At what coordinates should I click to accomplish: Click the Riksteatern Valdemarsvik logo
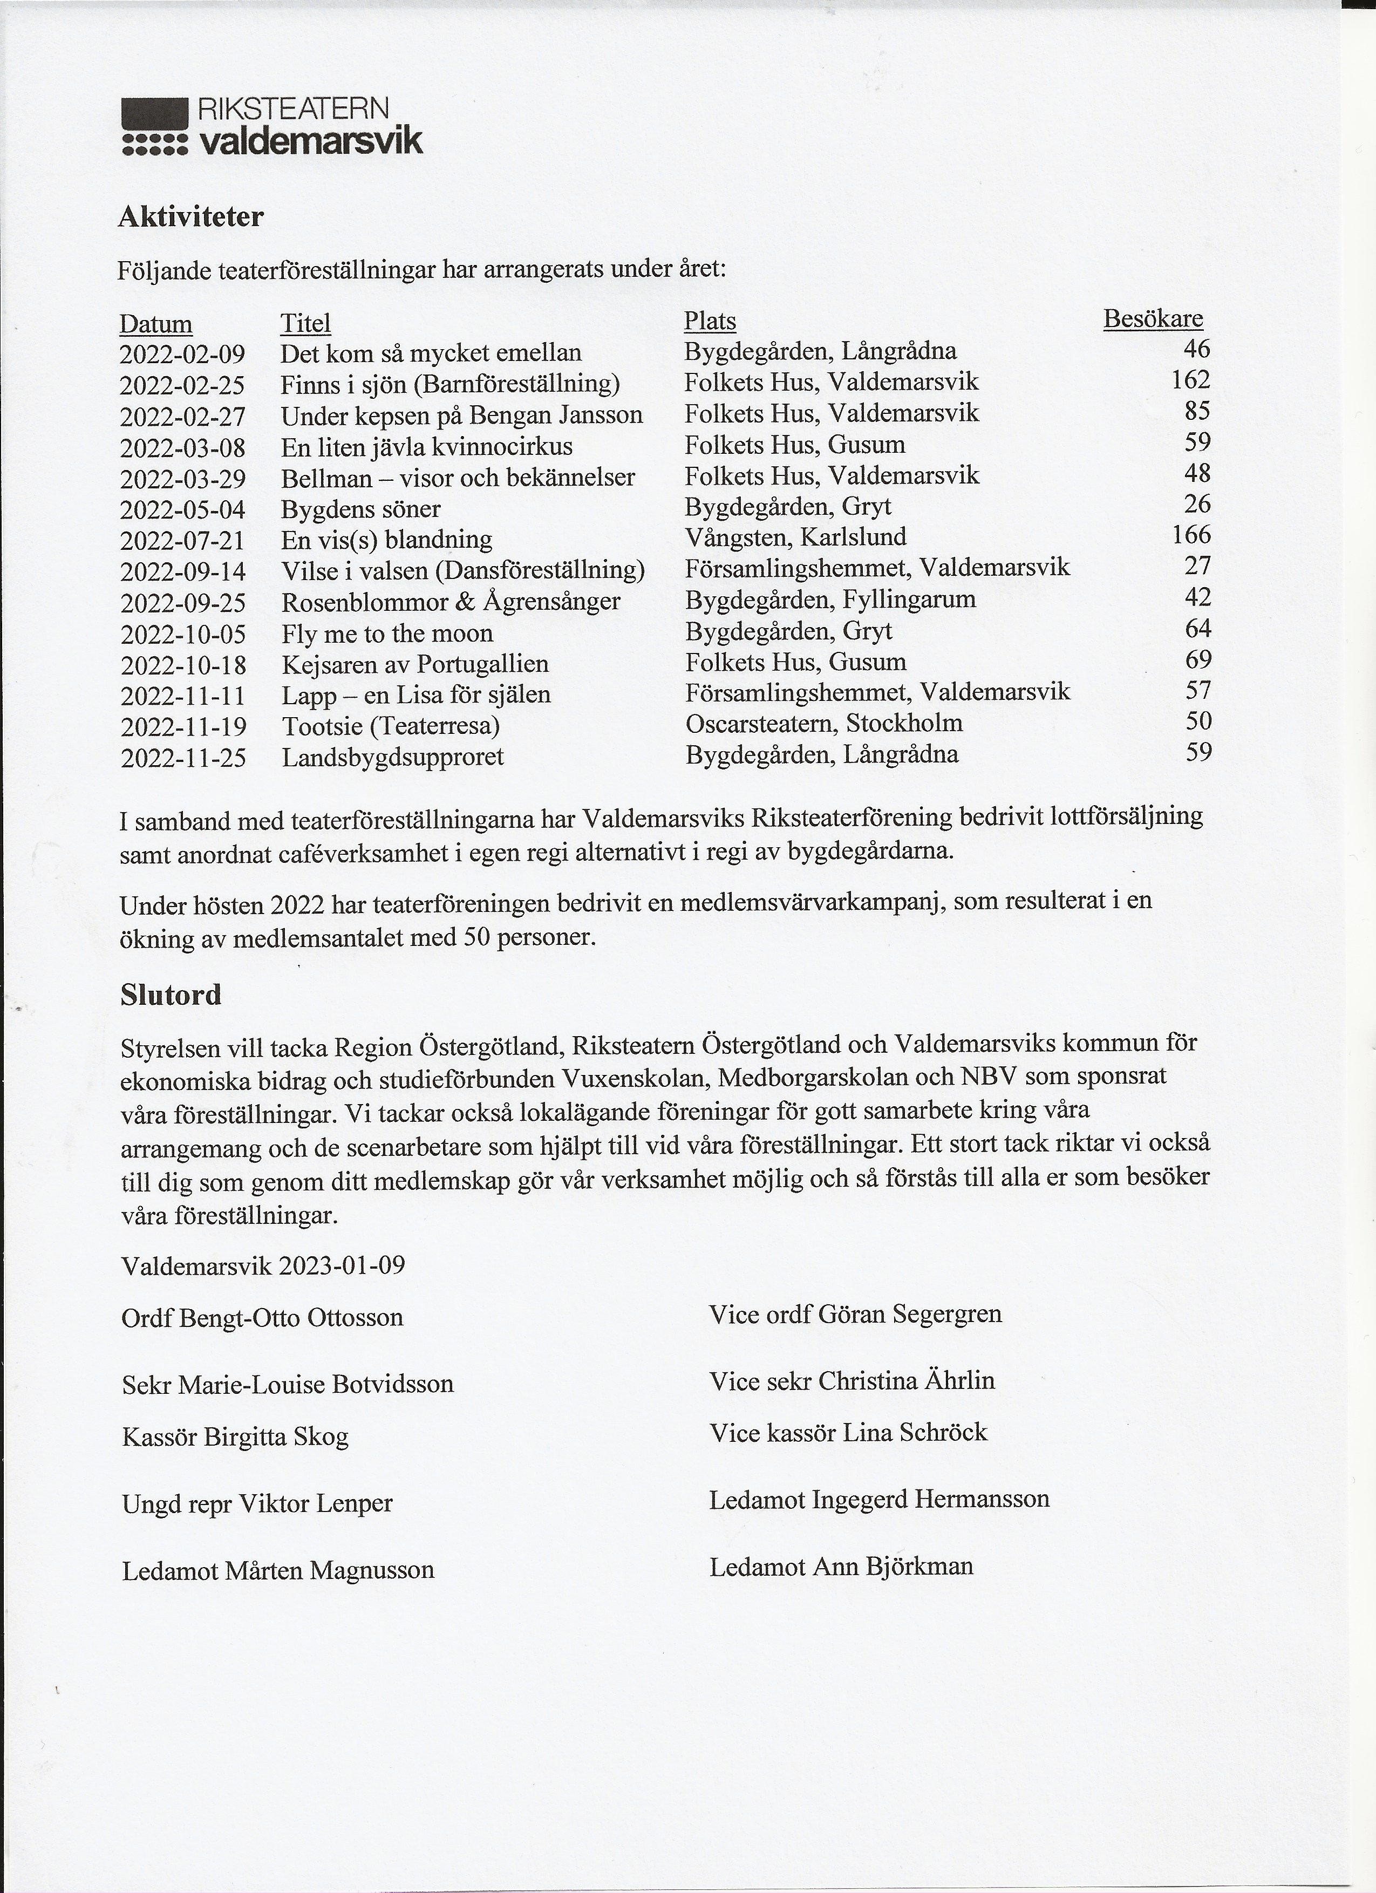coord(272,127)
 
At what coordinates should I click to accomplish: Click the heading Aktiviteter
coord(191,217)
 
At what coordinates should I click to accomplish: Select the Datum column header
coord(156,324)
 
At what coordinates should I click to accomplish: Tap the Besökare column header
coord(1153,319)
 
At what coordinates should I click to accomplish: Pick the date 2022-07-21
coord(183,541)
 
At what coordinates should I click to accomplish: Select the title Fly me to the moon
coord(387,634)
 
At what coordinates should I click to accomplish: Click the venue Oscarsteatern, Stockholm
coord(823,723)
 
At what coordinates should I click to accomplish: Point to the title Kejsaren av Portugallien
coord(415,664)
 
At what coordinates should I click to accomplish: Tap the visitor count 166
coord(1191,535)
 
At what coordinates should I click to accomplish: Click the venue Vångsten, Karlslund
coord(795,537)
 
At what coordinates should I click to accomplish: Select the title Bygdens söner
coord(360,509)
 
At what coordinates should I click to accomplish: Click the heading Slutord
coord(171,995)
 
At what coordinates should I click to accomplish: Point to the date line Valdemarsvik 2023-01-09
coord(263,1266)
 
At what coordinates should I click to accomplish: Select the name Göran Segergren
coord(910,1315)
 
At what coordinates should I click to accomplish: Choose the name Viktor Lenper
coord(316,1504)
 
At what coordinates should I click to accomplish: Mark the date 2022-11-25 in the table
coord(183,758)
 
